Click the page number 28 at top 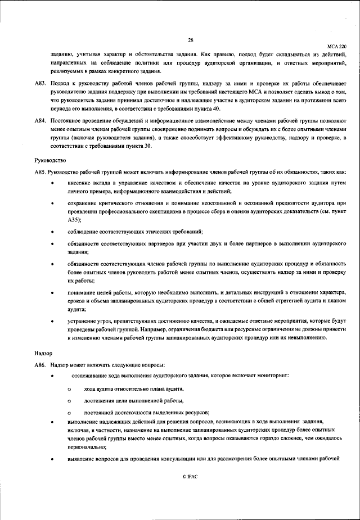coord(191,40)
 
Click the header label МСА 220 coord(337,47)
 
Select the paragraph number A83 coord(40,83)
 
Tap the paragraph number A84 coord(40,121)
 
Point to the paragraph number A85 coord(40,172)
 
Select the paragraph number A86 coord(40,365)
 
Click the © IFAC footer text coord(191,476)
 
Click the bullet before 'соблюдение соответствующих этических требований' coord(52,232)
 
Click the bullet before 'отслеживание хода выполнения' coord(52,375)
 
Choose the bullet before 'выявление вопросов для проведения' coord(52,459)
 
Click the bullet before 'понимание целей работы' coord(52,292)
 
